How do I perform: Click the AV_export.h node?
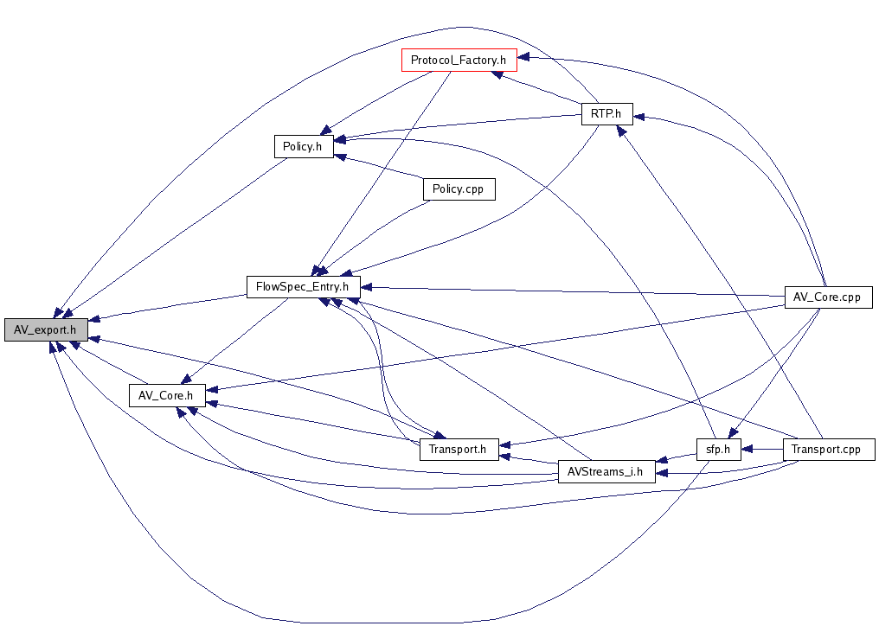[x=45, y=329]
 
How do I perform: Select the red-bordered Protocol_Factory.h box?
[x=459, y=60]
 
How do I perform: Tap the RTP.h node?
[x=606, y=114]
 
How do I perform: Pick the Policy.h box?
[x=302, y=147]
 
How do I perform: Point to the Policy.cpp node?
[x=458, y=189]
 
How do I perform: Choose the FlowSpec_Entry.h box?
[x=303, y=287]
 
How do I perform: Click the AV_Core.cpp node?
[x=827, y=297]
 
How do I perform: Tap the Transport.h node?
[x=459, y=449]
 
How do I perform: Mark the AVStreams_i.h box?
[x=606, y=472]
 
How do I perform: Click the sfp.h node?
[x=719, y=450]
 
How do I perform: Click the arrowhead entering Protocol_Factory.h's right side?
[x=523, y=59]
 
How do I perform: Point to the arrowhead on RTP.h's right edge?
[x=638, y=115]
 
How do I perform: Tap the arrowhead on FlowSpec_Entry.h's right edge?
[x=365, y=287]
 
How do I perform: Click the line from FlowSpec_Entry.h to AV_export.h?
[x=173, y=306]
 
